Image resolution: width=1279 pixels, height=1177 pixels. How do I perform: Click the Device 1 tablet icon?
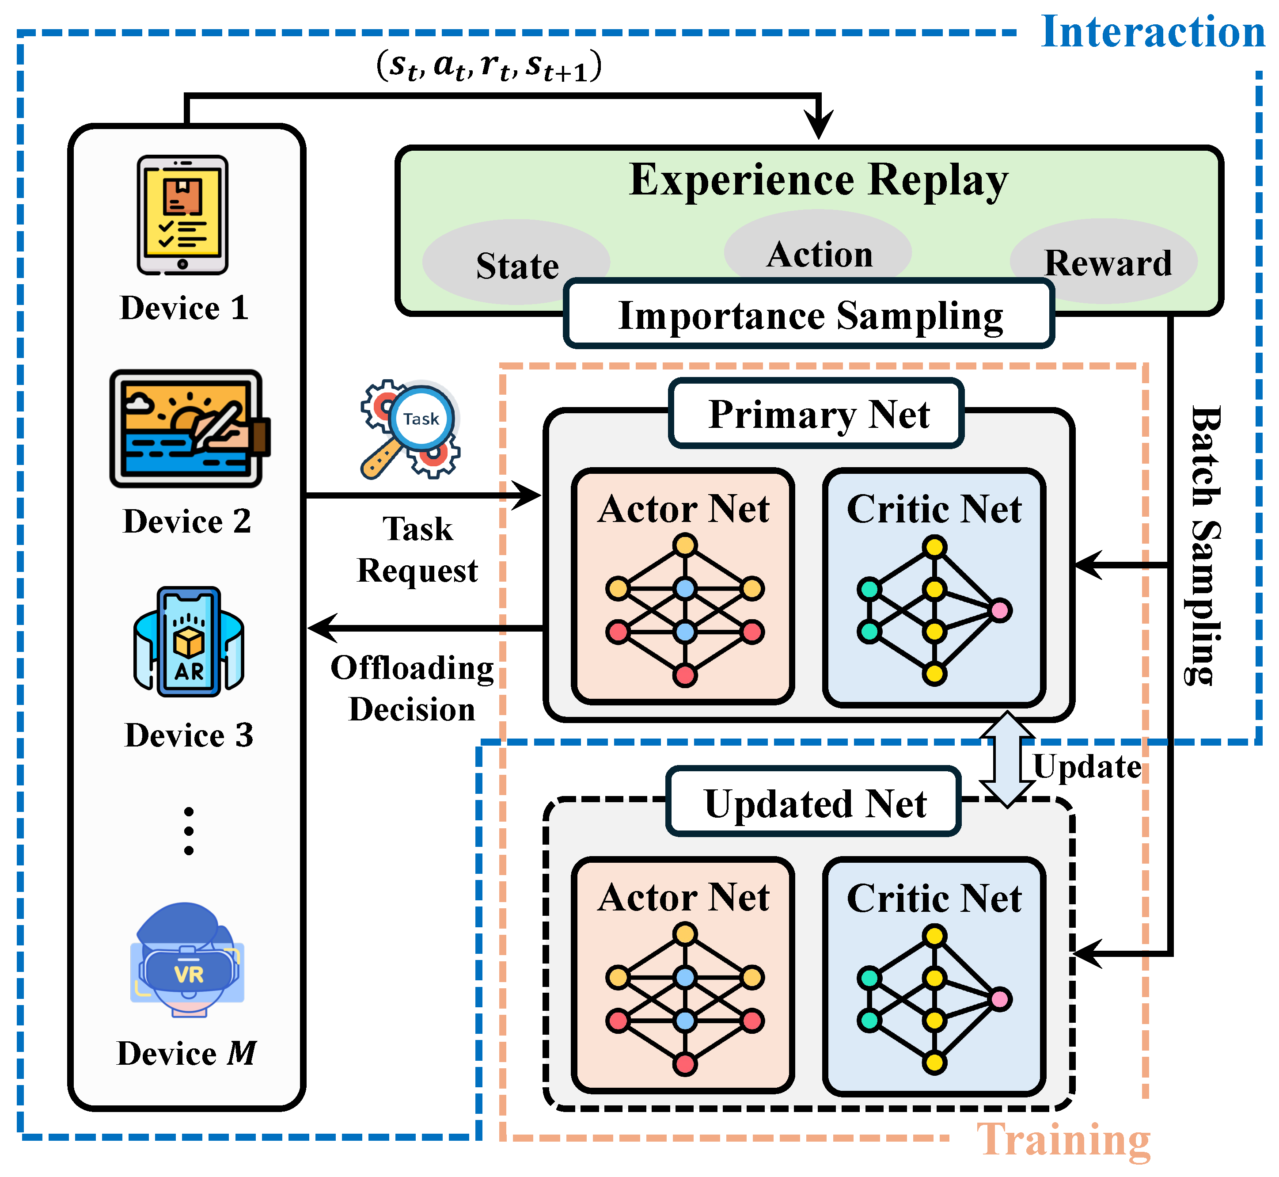[183, 215]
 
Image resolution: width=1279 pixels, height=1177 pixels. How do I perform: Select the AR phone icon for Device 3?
[189, 642]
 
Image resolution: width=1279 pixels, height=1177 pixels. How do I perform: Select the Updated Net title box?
[814, 803]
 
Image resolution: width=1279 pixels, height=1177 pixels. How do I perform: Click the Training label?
[1063, 1140]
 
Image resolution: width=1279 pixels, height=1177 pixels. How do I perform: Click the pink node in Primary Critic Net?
[1000, 610]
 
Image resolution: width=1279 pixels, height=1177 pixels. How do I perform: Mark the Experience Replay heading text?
[818, 180]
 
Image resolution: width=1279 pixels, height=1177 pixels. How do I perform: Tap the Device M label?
[186, 1053]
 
